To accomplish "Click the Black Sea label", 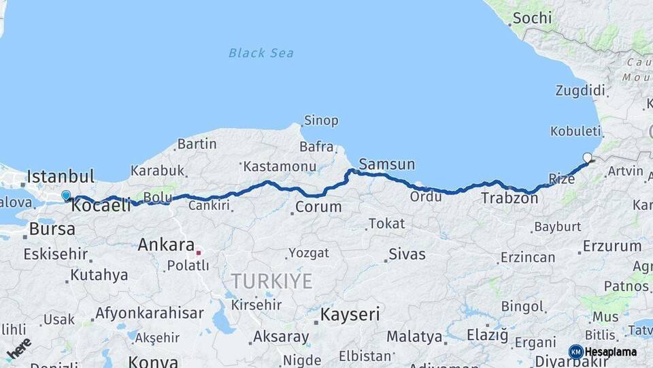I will click(261, 52).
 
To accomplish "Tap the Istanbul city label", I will click(60, 176).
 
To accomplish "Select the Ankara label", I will click(166, 244).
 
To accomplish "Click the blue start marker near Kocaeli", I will click(66, 196).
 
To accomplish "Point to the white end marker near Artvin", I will click(587, 157).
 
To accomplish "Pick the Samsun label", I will click(386, 164).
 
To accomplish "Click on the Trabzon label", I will click(509, 199).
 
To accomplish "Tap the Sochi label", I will click(532, 18).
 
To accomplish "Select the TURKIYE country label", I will click(271, 281).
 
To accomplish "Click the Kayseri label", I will click(350, 314).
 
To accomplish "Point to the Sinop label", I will click(321, 121).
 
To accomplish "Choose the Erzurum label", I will click(612, 246).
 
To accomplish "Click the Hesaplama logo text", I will click(610, 352).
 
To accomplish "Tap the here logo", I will click(19, 348).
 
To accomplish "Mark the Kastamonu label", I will click(279, 166).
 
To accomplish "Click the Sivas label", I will click(407, 255).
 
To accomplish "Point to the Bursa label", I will click(52, 229).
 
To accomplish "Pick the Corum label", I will click(318, 206).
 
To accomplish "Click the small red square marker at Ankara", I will click(199, 252).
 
